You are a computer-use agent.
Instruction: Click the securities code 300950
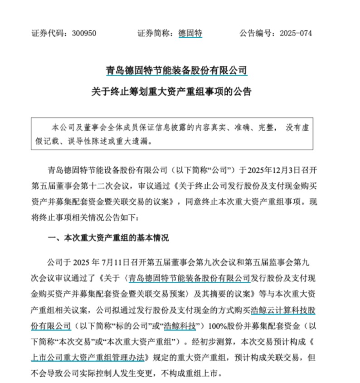click(83, 33)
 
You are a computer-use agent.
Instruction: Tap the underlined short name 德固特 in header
click(190, 33)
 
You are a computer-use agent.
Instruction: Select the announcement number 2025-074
click(296, 33)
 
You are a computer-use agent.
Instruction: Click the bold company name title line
click(176, 71)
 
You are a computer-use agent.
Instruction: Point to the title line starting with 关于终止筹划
click(176, 91)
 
